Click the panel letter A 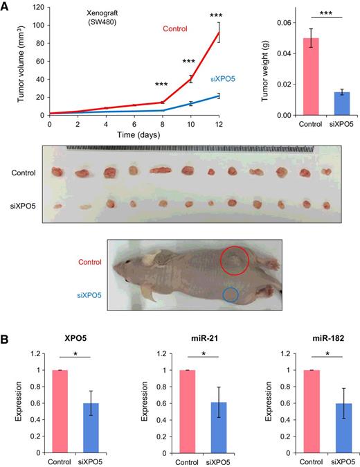6,6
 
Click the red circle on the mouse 236,262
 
